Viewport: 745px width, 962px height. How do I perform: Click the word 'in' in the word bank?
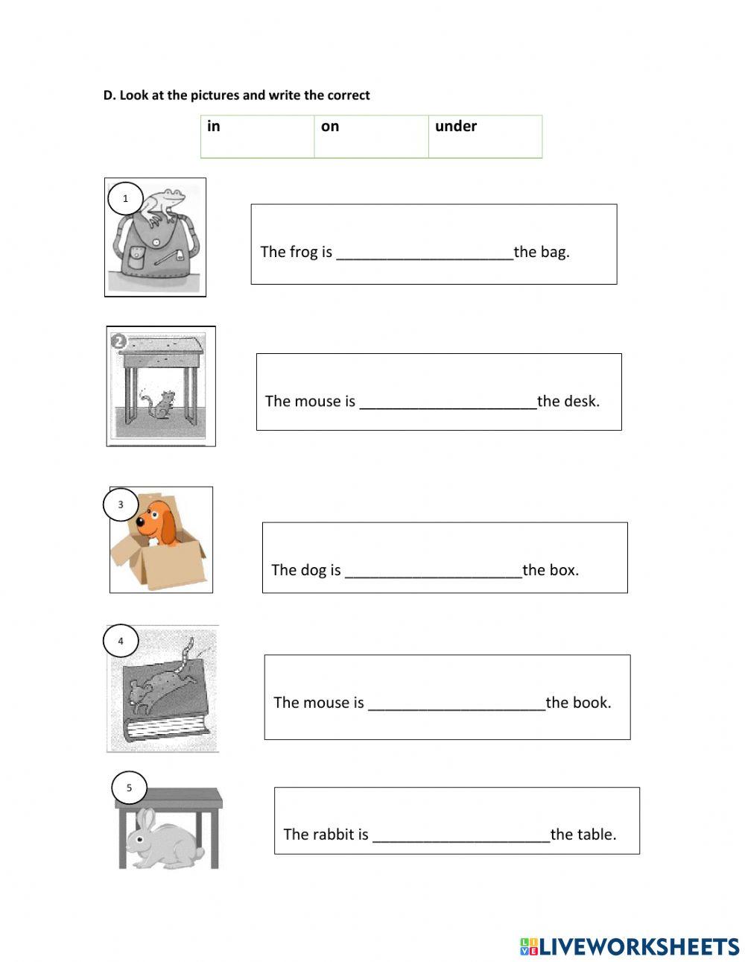(214, 126)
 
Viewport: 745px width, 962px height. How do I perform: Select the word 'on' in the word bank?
(330, 126)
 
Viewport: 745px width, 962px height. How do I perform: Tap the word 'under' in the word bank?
(455, 126)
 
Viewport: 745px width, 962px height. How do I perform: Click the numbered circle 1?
(125, 198)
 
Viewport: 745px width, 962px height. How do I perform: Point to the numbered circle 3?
(121, 505)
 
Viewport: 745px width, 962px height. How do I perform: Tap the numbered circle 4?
(121, 640)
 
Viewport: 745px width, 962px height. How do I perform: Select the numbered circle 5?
(129, 788)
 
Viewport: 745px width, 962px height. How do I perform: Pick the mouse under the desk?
(163, 403)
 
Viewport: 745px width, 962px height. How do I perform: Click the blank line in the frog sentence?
(425, 253)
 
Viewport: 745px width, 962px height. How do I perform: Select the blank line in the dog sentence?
(434, 571)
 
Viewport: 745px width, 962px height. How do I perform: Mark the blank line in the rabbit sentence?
(460, 835)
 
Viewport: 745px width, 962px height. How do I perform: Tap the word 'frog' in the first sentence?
(303, 252)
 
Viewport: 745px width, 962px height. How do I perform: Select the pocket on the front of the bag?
(136, 257)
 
